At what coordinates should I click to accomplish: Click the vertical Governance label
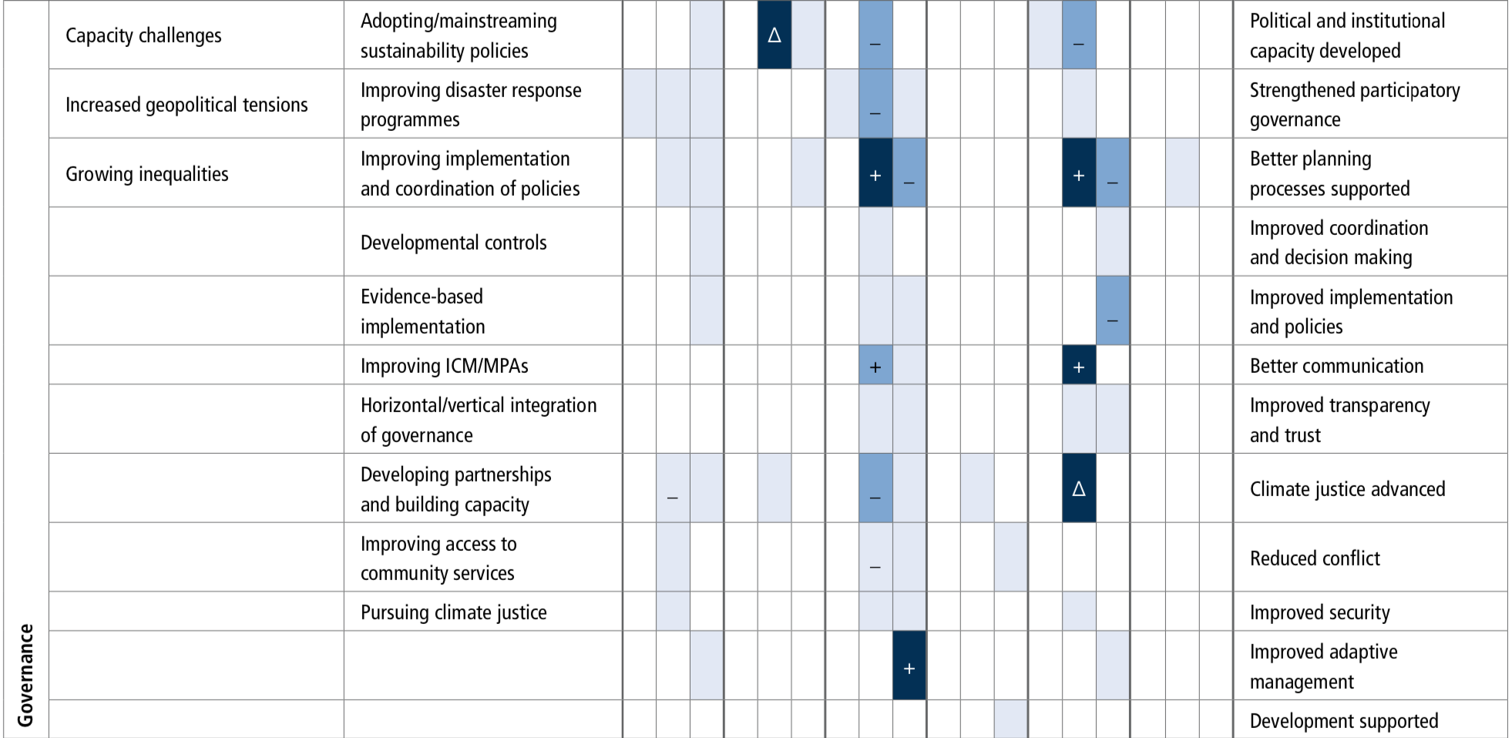pyautogui.click(x=25, y=675)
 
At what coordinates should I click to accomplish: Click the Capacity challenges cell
pyautogui.click(x=143, y=35)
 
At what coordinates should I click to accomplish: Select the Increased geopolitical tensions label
pyautogui.click(x=186, y=105)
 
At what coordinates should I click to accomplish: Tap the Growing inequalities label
pyautogui.click(x=147, y=174)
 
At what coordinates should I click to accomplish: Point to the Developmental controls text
pyautogui.click(x=453, y=243)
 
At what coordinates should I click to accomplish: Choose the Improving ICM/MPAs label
pyautogui.click(x=445, y=366)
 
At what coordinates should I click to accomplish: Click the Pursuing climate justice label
pyautogui.click(x=454, y=612)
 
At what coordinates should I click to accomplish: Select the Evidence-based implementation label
pyautogui.click(x=422, y=311)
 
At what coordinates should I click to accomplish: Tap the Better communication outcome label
pyautogui.click(x=1336, y=366)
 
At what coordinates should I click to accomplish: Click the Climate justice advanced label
pyautogui.click(x=1347, y=489)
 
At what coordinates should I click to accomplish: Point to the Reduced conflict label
pyautogui.click(x=1315, y=559)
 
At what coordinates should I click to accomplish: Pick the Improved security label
pyautogui.click(x=1319, y=612)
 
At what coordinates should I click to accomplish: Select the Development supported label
pyautogui.click(x=1344, y=721)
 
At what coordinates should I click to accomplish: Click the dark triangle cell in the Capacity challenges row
pyautogui.click(x=774, y=35)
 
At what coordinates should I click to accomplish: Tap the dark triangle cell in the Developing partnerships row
pyautogui.click(x=1079, y=488)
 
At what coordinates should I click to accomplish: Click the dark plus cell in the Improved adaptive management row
pyautogui.click(x=909, y=666)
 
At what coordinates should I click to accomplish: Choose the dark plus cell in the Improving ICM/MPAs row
pyautogui.click(x=1079, y=365)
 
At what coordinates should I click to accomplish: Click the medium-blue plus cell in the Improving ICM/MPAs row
pyautogui.click(x=875, y=365)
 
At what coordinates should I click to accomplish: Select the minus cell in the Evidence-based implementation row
pyautogui.click(x=1113, y=310)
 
